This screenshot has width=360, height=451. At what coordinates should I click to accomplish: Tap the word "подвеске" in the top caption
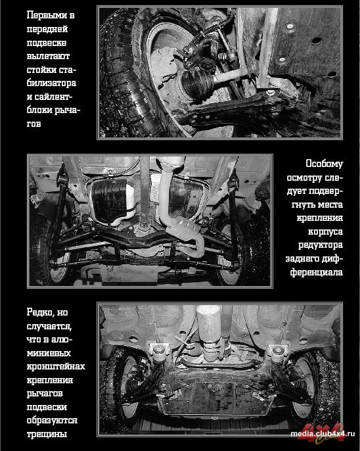[x=47, y=43]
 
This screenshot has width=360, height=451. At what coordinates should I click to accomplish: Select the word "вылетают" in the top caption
[x=48, y=56]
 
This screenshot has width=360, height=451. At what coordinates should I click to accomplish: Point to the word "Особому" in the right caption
[x=324, y=164]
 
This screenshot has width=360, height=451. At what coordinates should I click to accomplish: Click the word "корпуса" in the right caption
[x=326, y=231]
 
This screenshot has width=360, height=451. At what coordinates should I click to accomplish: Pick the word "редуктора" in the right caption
[x=321, y=245]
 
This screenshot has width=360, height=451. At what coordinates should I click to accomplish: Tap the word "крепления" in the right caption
[x=320, y=218]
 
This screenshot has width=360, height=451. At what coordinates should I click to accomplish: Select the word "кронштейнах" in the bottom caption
[x=56, y=366]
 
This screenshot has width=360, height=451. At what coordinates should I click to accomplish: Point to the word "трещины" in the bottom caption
[x=47, y=434]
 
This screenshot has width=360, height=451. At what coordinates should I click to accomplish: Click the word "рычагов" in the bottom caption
[x=45, y=393]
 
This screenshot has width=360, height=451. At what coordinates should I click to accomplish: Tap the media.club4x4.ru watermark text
[x=323, y=434]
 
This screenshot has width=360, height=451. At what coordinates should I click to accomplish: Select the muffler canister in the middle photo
[x=184, y=229]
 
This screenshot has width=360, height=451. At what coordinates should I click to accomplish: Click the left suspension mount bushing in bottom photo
[x=158, y=352]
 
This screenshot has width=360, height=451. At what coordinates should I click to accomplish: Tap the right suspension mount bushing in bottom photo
[x=277, y=352]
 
